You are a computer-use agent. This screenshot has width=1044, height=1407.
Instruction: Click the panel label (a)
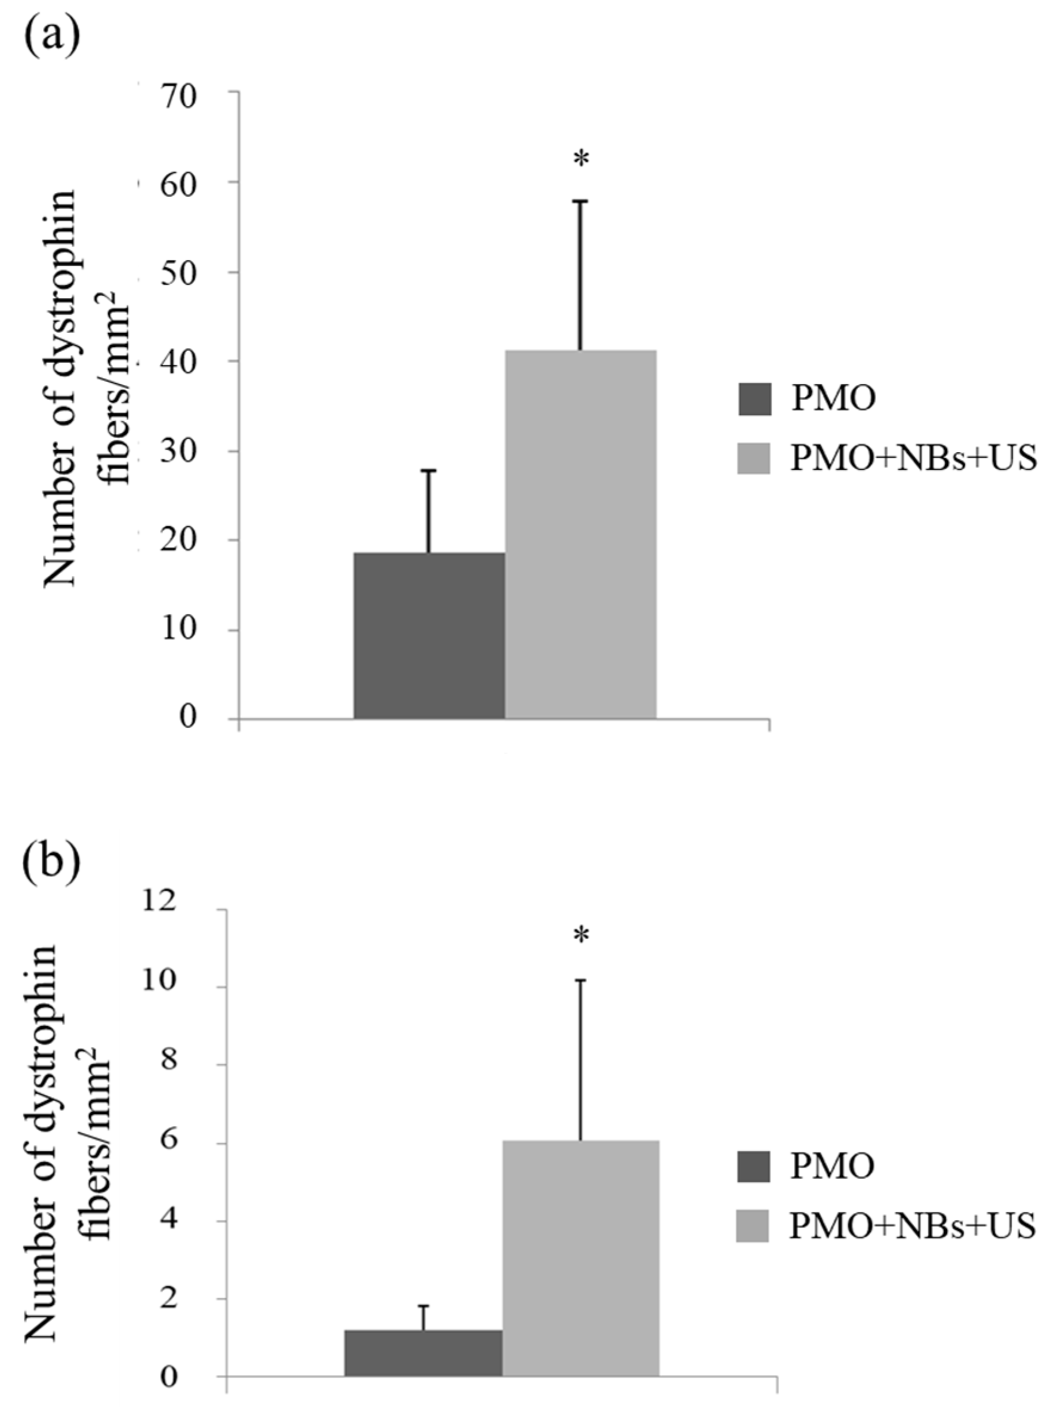51,37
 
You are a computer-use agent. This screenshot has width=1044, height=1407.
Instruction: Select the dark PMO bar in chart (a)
429,635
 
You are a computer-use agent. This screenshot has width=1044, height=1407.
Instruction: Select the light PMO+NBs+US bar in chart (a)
580,534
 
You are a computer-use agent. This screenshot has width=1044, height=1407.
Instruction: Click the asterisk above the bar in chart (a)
580,160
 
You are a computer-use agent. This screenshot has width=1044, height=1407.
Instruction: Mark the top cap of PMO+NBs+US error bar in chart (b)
580,980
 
